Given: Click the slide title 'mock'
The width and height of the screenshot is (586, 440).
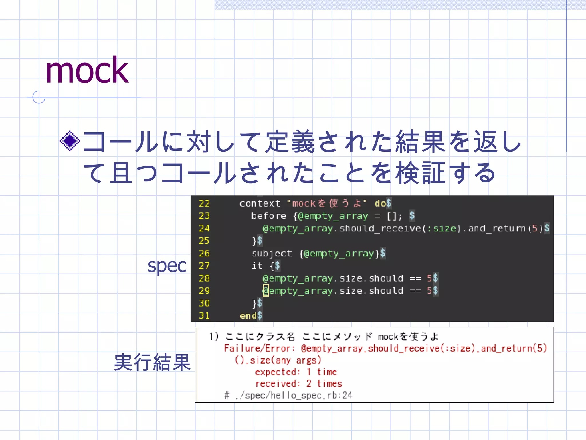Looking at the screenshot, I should coord(87,71).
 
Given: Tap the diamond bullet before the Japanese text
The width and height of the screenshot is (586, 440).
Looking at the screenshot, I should coord(70,141).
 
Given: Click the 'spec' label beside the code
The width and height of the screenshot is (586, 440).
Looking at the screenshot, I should coord(167,266).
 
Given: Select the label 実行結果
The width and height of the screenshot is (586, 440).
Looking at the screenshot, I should coord(152,362).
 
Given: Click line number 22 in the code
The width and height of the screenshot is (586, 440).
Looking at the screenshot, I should coord(204,203).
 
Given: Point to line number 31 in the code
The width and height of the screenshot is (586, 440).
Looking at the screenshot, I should coord(204,316).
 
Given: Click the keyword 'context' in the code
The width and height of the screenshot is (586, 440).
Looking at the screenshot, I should coord(260,203).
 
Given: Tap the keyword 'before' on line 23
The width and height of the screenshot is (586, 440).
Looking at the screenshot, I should coord(268,216).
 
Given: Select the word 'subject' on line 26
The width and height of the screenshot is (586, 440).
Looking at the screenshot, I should coord(272,254).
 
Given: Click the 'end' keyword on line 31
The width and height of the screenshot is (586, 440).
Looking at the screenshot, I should coord(248,316).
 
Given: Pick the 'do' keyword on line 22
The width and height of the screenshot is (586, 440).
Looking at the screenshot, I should coord(380,203).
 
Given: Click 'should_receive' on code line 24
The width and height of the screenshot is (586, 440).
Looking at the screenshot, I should coord(380,229).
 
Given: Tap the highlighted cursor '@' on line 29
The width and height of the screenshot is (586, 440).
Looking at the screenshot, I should coord(266,291).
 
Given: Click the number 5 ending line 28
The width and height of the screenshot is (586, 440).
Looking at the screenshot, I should coord(429,278).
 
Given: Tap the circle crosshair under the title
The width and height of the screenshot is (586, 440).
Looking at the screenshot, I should coord(39,97).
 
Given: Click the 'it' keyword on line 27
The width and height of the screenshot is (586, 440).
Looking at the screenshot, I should coord(257,266).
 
